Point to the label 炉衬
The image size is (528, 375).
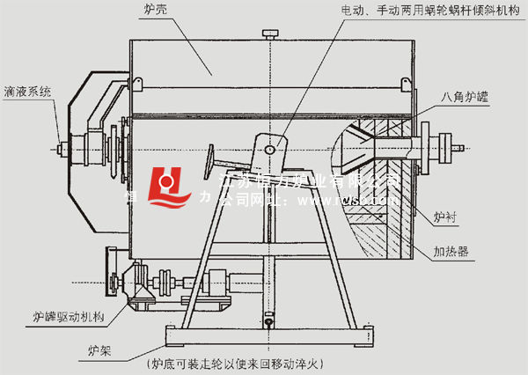click(x=447, y=214)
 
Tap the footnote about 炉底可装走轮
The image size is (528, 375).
click(x=236, y=362)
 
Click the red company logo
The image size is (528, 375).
click(x=170, y=187)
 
